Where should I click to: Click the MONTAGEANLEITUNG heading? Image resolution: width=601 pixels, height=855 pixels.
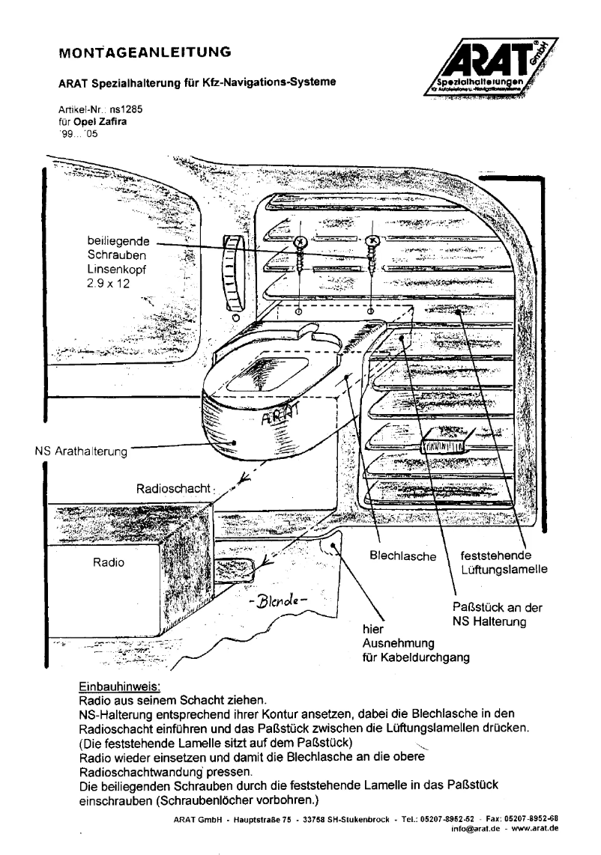pos(139,53)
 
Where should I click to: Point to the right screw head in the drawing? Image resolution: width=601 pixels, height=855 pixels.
pos(372,241)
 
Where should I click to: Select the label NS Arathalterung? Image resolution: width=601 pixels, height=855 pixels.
pos(82,451)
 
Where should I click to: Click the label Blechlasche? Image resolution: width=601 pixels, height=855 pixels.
pos(403,556)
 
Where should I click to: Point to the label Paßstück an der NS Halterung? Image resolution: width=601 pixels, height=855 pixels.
pos(498,615)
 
